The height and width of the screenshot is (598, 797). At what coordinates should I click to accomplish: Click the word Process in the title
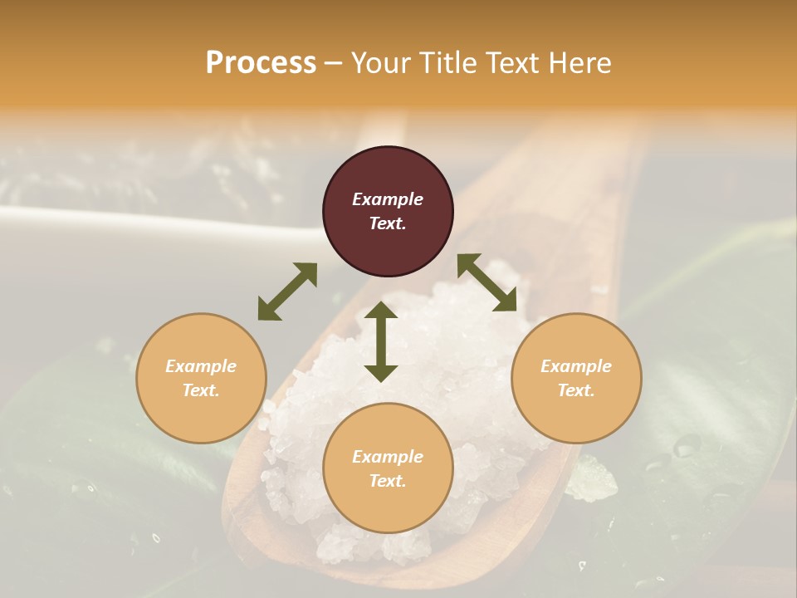click(x=261, y=63)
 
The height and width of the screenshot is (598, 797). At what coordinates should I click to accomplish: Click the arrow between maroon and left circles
click(x=287, y=292)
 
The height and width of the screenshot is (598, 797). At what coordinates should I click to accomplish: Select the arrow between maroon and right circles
click(x=487, y=282)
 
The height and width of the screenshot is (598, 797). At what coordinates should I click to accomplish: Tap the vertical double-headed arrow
click(x=381, y=341)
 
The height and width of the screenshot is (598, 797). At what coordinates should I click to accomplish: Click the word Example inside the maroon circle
click(x=388, y=199)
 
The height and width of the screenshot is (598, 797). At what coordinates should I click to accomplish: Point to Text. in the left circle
click(x=201, y=390)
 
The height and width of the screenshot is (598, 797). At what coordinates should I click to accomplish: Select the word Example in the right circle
click(x=576, y=366)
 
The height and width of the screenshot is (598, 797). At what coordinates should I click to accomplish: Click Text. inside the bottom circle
click(x=388, y=481)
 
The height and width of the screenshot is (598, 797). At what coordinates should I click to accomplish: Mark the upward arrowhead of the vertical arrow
click(x=381, y=311)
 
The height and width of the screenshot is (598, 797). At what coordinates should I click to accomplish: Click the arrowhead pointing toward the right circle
click(x=506, y=302)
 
